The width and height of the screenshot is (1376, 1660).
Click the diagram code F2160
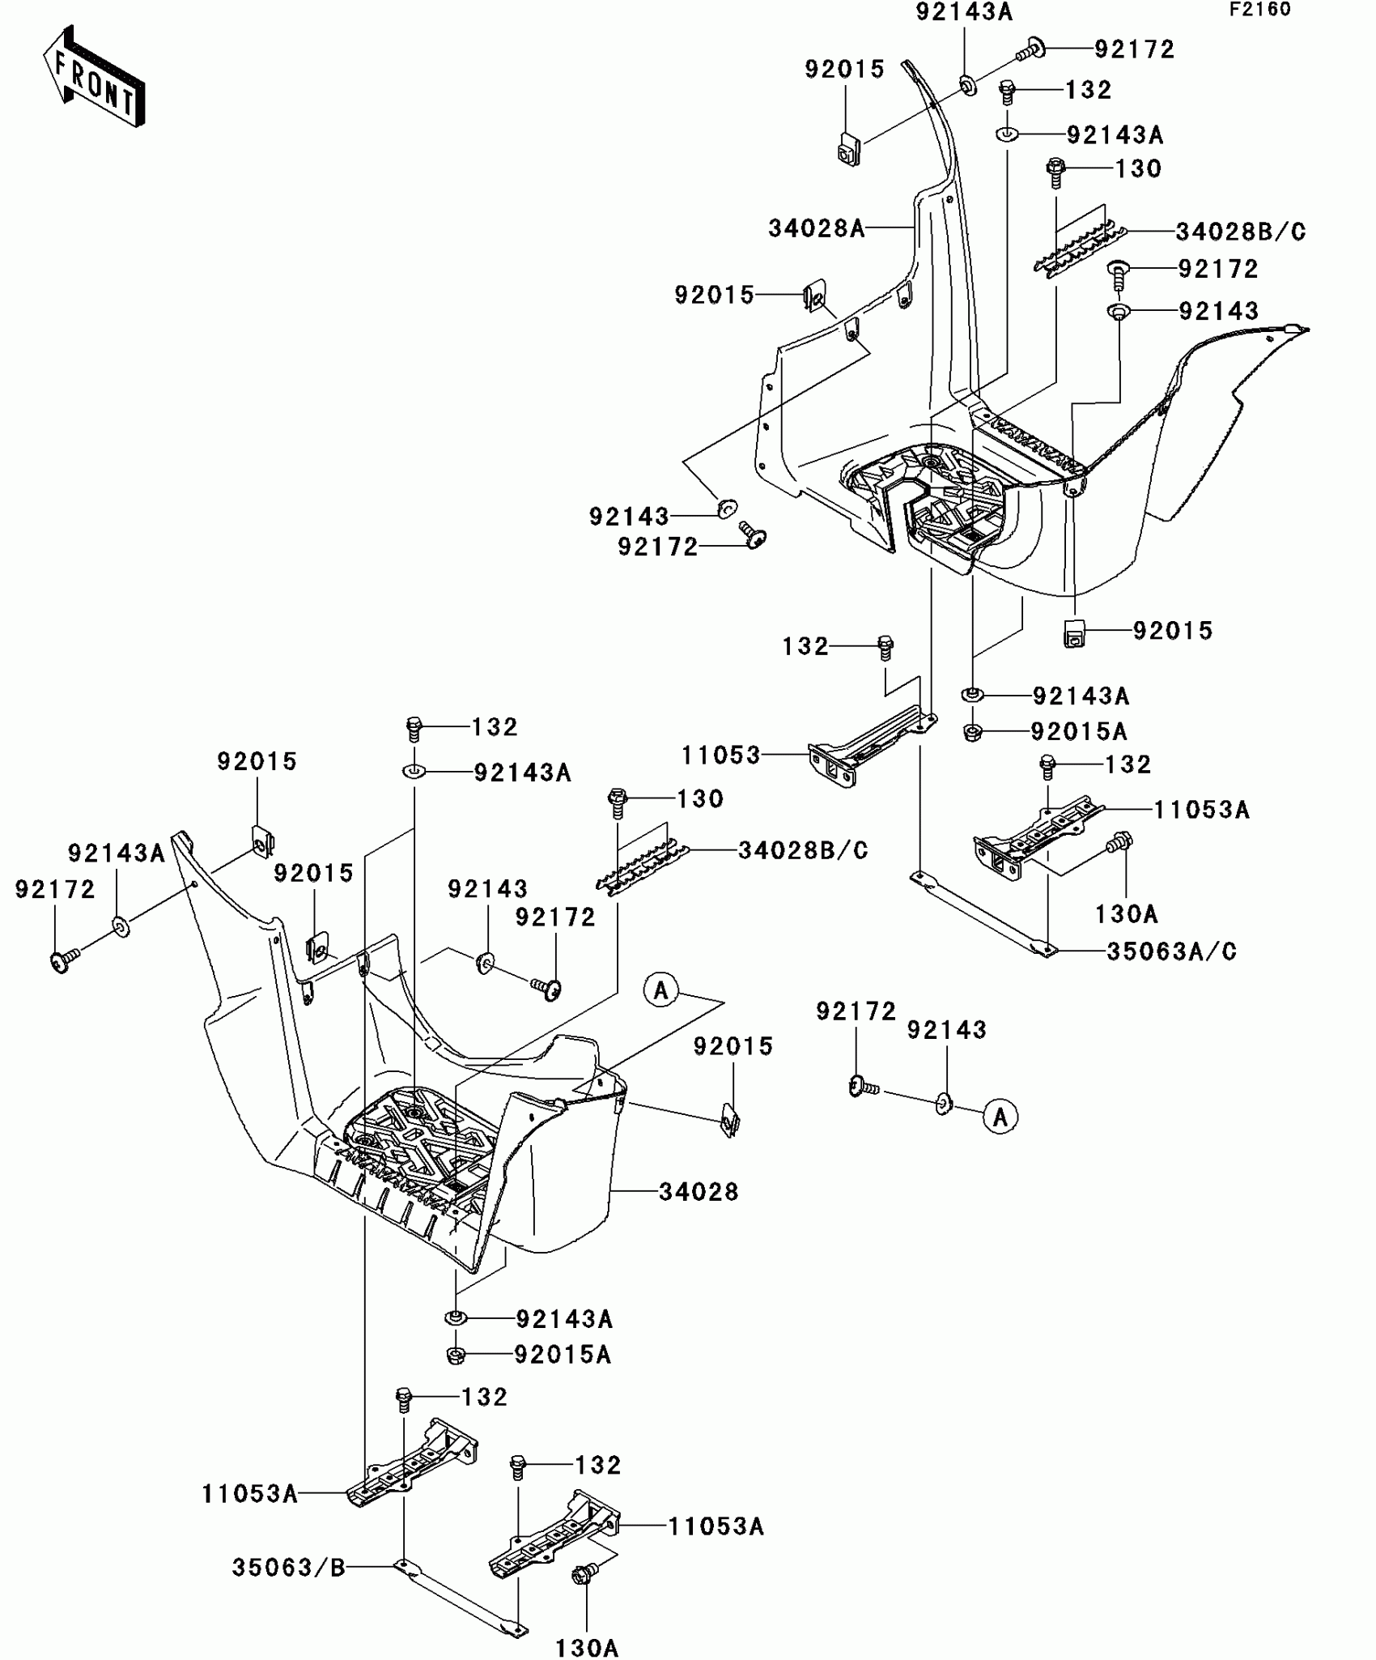pos(1259,10)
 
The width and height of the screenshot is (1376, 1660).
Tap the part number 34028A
pos(816,229)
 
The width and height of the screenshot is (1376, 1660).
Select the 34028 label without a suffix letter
pos(699,1192)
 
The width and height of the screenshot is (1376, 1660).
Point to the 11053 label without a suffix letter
pos(720,756)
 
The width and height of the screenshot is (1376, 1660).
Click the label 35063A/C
pos(1171,951)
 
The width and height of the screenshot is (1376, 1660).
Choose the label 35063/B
pos(289,1568)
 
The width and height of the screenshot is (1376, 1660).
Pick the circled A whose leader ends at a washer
pos(1000,1117)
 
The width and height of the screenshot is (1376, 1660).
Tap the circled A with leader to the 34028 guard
pos(661,990)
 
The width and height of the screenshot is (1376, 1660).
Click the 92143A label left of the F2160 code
pos(964,12)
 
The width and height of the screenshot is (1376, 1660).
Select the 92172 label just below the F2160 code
pos(1134,49)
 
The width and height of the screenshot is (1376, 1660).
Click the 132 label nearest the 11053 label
pos(805,646)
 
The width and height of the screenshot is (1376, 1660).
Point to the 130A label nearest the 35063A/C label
pos(1127,914)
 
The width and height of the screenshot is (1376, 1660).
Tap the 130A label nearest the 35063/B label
pos(587,1648)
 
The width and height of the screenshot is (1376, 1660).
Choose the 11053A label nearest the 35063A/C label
pos(1201,809)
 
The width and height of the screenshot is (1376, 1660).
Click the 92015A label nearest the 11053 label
pos(1078,732)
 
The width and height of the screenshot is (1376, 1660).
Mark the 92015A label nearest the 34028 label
pos(562,1355)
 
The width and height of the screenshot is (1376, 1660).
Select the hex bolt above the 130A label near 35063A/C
pos(1121,841)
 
